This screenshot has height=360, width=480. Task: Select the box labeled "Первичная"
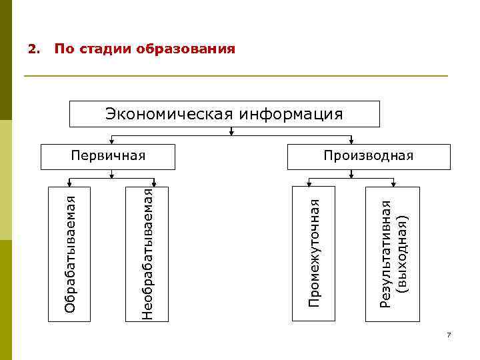[x=108, y=155]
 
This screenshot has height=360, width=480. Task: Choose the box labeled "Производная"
[x=368, y=155]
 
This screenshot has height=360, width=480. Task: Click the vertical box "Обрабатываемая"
[x=69, y=253]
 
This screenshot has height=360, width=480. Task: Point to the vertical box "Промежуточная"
[x=313, y=253]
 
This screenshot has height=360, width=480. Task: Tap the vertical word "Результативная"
[x=385, y=253]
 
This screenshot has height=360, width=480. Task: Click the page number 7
[x=449, y=335]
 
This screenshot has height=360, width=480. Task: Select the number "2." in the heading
[x=33, y=49]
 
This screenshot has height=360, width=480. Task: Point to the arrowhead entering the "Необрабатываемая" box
[x=155, y=184]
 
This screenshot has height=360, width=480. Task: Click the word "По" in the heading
[x=63, y=49]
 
